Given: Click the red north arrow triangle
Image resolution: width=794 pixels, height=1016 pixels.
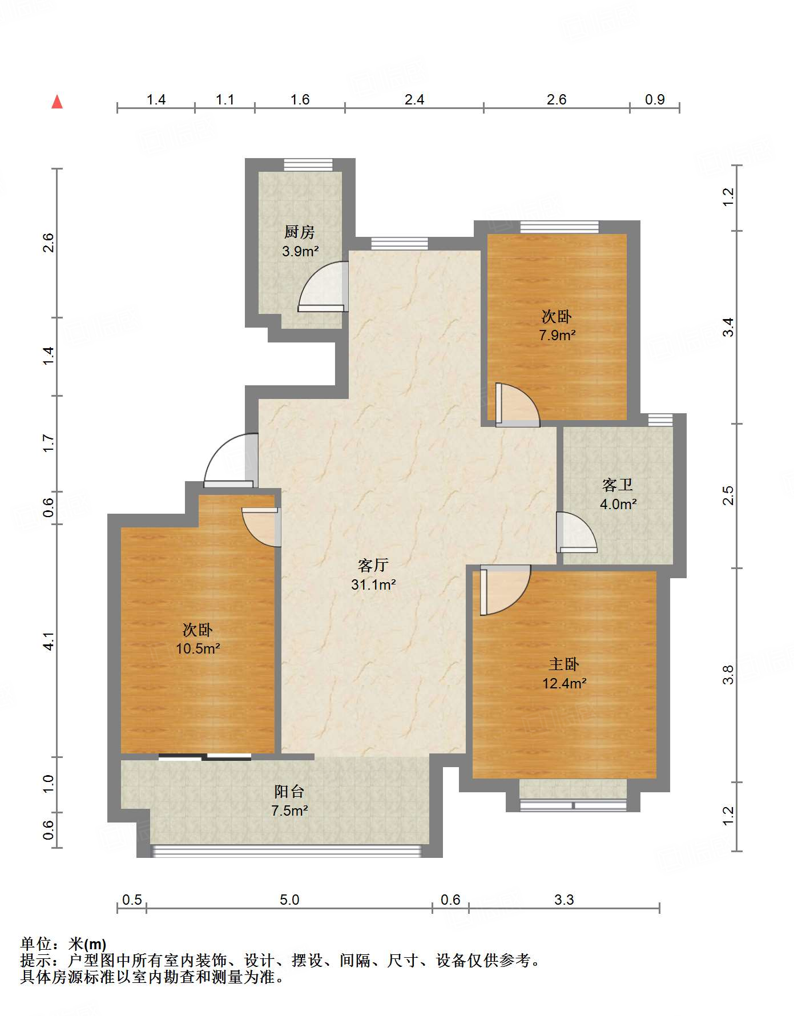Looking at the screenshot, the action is tap(57, 102).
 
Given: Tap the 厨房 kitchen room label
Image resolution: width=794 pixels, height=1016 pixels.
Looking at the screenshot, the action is tap(300, 232).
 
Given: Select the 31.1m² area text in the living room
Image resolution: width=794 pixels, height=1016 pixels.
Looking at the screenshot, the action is tap(373, 584).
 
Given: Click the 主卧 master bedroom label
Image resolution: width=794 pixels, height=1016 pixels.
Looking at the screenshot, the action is tap(564, 664).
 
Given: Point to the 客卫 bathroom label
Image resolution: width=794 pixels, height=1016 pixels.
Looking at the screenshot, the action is tap(618, 485).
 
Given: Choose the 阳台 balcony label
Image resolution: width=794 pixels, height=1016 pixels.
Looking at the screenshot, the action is tap(289, 791).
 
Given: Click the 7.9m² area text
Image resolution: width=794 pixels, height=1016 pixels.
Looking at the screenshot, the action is tap(557, 335).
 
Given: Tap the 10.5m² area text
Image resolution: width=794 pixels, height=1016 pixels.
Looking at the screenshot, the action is tap(198, 648).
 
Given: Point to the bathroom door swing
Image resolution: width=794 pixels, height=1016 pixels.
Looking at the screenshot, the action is tap(577, 533).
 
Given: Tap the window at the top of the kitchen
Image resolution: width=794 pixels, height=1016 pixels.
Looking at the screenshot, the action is tap(308, 164).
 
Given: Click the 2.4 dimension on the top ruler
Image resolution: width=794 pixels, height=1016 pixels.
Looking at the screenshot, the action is tap(414, 100).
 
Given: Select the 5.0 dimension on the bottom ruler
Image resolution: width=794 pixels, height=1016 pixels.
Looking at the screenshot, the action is tap(289, 900).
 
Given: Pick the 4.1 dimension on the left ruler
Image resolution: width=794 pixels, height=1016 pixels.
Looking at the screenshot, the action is tap(49, 641).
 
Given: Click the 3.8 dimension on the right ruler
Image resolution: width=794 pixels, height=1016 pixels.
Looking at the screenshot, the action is tap(728, 675).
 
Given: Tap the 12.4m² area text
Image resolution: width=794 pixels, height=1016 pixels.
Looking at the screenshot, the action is tap(565, 683).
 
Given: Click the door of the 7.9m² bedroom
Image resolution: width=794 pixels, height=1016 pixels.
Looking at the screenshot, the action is tap(517, 405).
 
